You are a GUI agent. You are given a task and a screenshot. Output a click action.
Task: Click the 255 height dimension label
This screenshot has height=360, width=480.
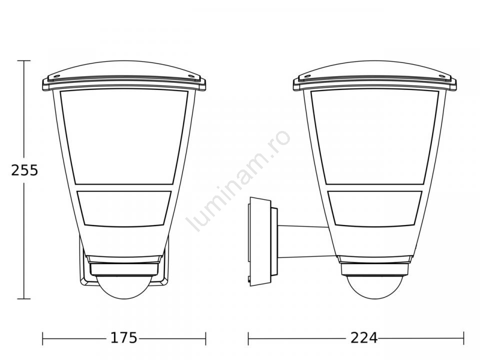[x=24, y=170]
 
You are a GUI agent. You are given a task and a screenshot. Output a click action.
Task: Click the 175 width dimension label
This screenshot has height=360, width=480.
[x=123, y=338]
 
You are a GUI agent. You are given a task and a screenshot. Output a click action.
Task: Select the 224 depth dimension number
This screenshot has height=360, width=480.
[x=364, y=338]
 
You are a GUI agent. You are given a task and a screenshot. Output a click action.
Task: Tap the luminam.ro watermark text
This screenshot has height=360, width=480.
[x=239, y=181]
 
